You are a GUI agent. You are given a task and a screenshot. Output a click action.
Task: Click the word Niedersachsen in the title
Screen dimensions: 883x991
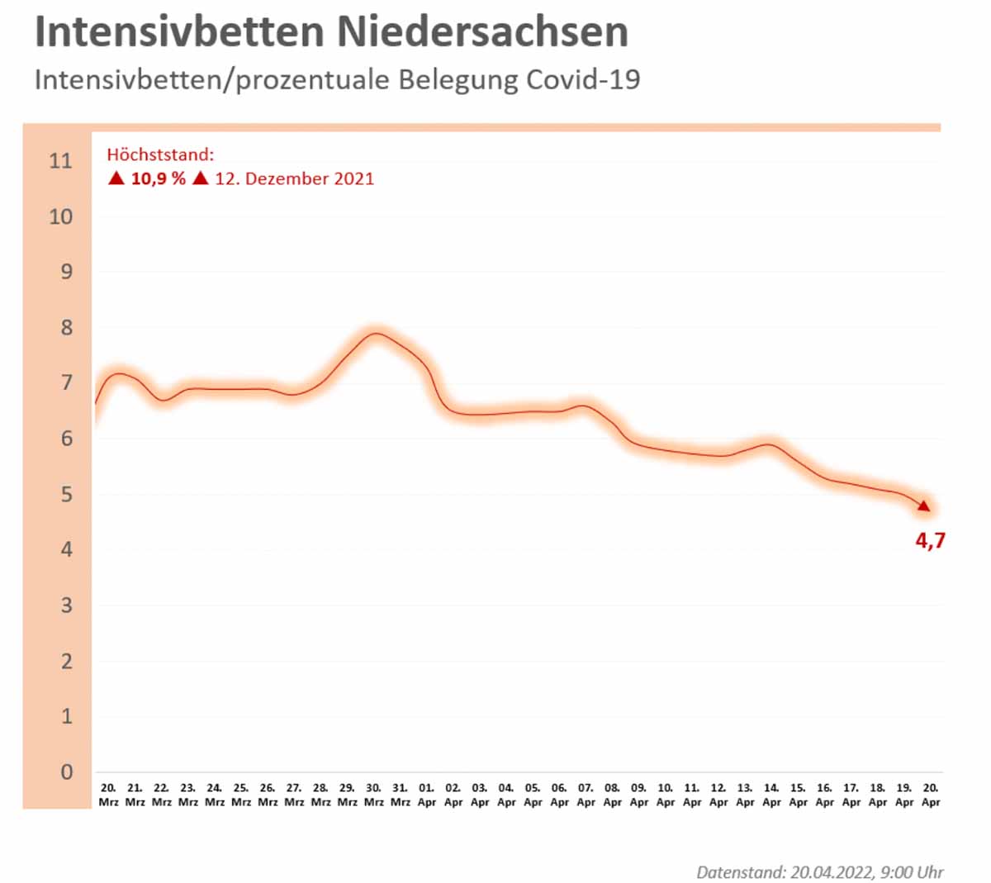click(x=482, y=33)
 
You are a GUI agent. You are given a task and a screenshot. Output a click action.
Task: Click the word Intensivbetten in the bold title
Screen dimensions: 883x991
click(x=179, y=33)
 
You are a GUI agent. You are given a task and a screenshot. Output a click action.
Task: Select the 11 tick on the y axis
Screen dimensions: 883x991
click(x=60, y=161)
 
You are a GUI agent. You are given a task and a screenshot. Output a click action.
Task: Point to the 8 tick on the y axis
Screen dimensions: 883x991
click(x=66, y=328)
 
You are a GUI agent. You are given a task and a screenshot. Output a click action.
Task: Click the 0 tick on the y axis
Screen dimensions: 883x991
click(x=67, y=772)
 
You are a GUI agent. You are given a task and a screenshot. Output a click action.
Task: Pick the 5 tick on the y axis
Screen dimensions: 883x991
click(x=66, y=495)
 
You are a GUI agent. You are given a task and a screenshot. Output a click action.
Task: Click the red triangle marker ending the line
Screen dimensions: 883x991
click(x=923, y=506)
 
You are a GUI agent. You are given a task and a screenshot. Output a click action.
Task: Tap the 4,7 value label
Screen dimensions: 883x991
click(x=930, y=541)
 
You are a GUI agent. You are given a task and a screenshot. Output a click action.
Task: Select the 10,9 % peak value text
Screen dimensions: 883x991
click(x=158, y=178)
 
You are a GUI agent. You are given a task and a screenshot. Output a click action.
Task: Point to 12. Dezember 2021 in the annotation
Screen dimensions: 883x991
click(x=294, y=178)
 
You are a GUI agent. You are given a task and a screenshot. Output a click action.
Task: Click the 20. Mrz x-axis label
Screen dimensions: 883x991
click(x=108, y=795)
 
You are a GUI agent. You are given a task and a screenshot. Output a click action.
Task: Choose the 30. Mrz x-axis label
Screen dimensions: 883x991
click(x=373, y=795)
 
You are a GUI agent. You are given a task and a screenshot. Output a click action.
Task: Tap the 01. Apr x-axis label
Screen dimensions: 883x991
click(x=426, y=795)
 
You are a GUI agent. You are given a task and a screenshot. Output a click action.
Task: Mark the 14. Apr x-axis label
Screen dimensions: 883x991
click(x=771, y=795)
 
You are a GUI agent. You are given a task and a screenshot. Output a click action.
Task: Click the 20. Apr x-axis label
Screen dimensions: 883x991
click(x=931, y=795)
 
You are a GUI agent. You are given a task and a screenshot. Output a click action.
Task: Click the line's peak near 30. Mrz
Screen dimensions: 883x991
click(x=376, y=334)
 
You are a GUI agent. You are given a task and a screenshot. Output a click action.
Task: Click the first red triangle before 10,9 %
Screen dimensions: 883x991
click(x=116, y=178)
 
